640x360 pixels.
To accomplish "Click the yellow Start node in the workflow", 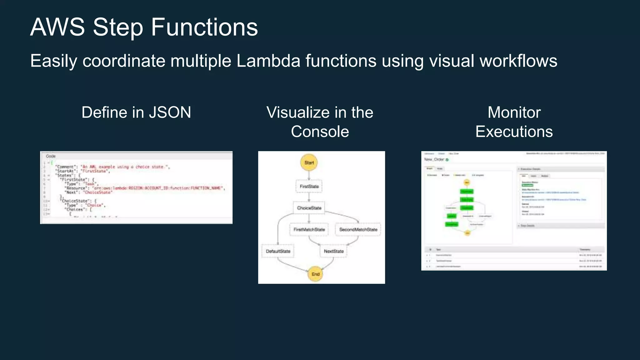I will [x=309, y=162].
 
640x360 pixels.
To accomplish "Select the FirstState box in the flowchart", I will [x=309, y=186].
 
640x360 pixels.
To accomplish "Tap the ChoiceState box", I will [x=309, y=208].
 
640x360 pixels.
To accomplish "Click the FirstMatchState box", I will [x=309, y=229].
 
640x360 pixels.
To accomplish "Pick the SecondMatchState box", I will [x=358, y=229].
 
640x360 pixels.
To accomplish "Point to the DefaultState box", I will [x=278, y=251].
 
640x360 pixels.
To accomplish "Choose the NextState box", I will [x=333, y=251].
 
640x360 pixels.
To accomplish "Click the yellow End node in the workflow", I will [x=315, y=274].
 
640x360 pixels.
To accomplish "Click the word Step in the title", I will [x=118, y=27].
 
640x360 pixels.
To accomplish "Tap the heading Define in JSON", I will [x=136, y=112].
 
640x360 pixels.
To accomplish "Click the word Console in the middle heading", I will [x=320, y=132].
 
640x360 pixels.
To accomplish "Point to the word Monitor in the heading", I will [x=514, y=112].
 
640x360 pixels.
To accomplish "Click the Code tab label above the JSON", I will [x=51, y=156].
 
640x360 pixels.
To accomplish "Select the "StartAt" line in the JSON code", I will [x=83, y=171].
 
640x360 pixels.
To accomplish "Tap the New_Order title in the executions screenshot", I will [x=434, y=159].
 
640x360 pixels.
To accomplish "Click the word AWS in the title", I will [x=57, y=27].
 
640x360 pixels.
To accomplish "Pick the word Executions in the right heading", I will [x=514, y=132].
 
